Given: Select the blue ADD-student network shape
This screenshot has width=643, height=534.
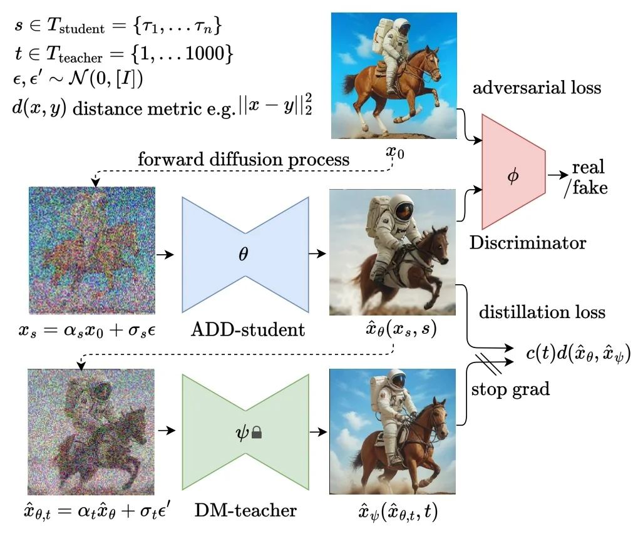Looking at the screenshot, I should (x=245, y=254).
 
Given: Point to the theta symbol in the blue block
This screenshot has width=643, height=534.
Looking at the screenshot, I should (x=245, y=254).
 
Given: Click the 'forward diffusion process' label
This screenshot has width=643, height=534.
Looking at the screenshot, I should (x=244, y=159).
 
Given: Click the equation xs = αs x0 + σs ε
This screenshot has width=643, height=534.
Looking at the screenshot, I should (x=91, y=329).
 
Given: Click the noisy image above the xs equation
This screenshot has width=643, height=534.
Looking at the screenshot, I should (x=91, y=251).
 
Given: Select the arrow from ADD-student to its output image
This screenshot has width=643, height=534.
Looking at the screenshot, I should (x=318, y=254).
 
